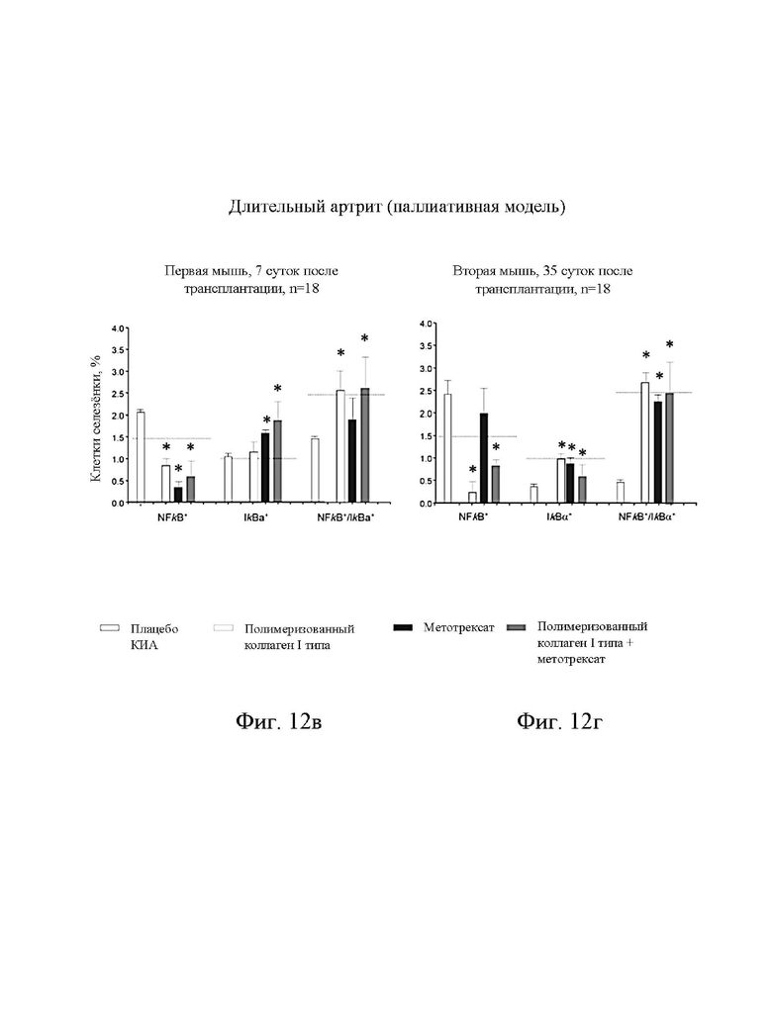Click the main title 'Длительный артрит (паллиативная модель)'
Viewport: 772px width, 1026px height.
click(x=397, y=207)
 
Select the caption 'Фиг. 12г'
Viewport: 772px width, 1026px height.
click(x=559, y=721)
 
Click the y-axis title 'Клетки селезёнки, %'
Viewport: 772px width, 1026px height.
click(x=96, y=419)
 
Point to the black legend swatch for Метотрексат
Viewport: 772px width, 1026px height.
click(x=404, y=627)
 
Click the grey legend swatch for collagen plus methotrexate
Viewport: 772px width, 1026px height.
click(x=518, y=627)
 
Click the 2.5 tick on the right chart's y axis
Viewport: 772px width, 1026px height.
click(x=427, y=391)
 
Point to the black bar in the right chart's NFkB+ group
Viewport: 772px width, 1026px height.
click(x=484, y=458)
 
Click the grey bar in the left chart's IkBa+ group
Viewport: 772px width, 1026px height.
click(x=278, y=461)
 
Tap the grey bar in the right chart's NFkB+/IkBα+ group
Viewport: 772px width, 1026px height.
click(x=669, y=448)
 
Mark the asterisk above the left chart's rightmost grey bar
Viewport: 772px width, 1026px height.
click(x=364, y=338)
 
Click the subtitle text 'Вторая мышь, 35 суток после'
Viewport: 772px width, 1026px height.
click(x=542, y=271)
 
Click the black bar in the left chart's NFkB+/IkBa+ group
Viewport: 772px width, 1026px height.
click(x=352, y=461)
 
